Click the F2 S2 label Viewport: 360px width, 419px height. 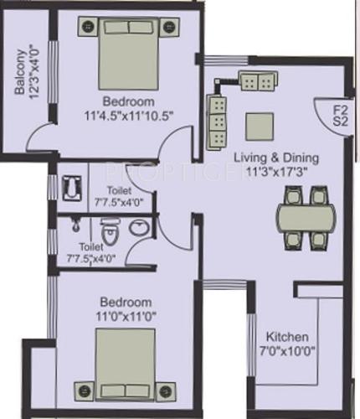tap(338, 115)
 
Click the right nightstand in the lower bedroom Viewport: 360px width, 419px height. tap(167, 389)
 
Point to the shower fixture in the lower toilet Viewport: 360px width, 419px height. tap(76, 225)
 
